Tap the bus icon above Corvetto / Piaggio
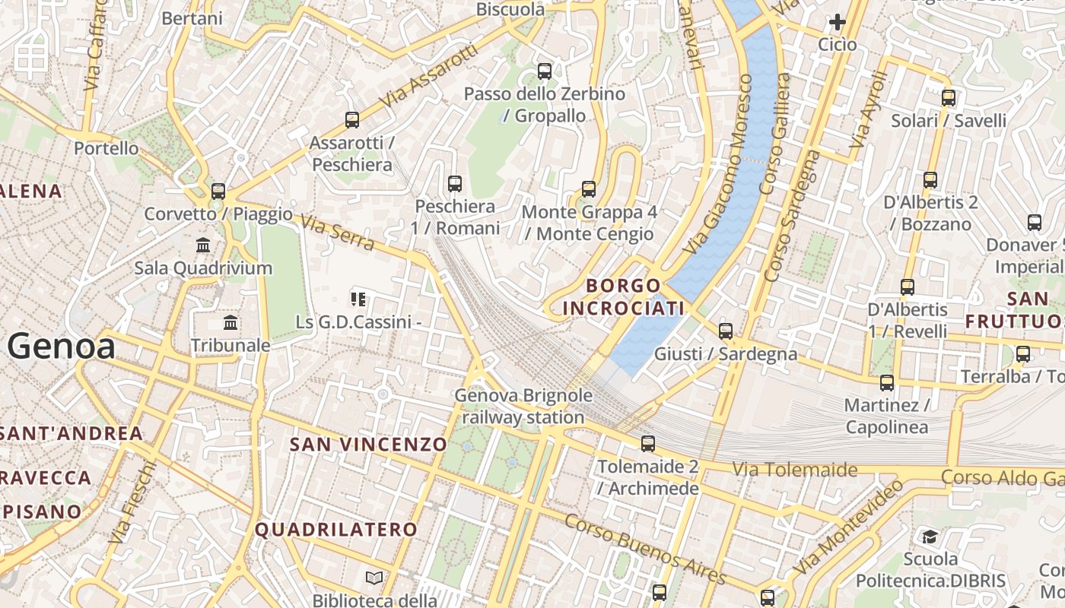click(x=218, y=191)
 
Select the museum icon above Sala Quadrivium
click(x=203, y=245)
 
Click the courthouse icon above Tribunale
click(x=230, y=323)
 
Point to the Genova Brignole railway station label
click(x=523, y=407)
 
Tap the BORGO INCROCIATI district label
click(x=624, y=297)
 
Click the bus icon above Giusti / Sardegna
click(x=726, y=331)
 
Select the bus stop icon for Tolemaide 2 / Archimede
click(x=647, y=443)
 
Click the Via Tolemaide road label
click(x=794, y=470)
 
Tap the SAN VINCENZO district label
click(x=368, y=445)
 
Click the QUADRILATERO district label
click(x=336, y=530)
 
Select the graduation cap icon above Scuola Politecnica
click(x=930, y=537)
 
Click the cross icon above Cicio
click(x=838, y=22)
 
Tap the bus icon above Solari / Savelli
click(x=948, y=97)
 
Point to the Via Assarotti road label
click(x=429, y=77)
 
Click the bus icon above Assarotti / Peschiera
click(x=351, y=119)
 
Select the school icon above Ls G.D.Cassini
click(x=358, y=299)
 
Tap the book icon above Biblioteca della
click(x=374, y=578)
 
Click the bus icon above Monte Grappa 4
click(x=588, y=188)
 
